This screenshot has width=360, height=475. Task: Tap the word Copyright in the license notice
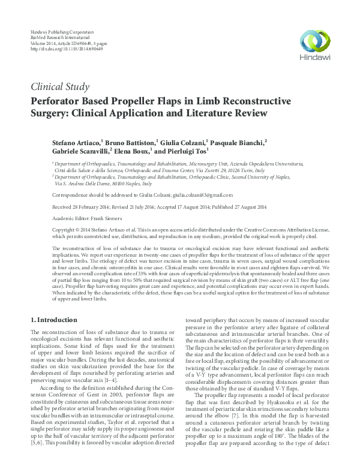pos(50,230)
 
